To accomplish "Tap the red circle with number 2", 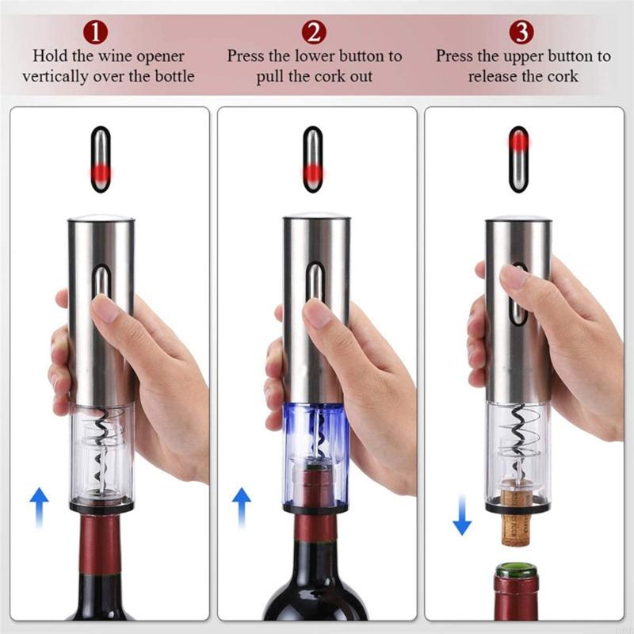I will (x=315, y=33).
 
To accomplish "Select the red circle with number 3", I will (x=521, y=33).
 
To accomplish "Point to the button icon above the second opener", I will (x=313, y=158).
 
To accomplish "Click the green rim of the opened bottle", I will (x=516, y=569).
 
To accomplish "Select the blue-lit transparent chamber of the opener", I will (x=315, y=440).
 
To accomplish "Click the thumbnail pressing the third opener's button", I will (x=514, y=277).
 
